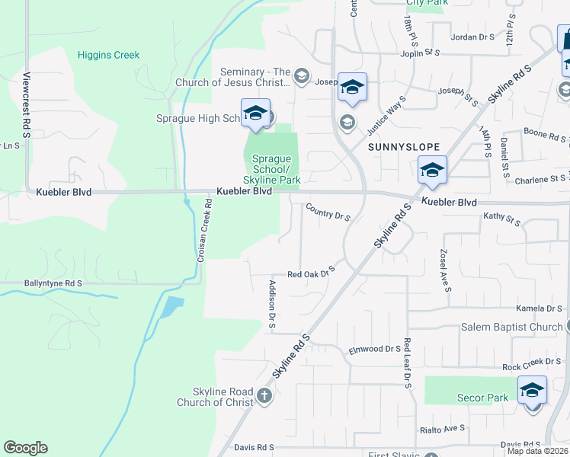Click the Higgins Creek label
click(x=108, y=55)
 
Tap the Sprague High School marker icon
click(x=255, y=114)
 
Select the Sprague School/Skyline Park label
click(x=271, y=169)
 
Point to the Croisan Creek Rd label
click(x=202, y=231)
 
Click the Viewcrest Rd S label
click(x=26, y=105)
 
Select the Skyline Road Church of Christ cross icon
click(x=264, y=395)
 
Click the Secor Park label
click(x=482, y=398)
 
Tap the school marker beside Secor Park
click(x=532, y=391)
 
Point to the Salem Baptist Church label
click(x=511, y=327)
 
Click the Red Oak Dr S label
click(x=312, y=273)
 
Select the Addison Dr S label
click(x=272, y=305)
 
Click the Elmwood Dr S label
click(x=374, y=350)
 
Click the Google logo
click(x=25, y=448)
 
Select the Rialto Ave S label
click(x=443, y=429)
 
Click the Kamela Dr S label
click(x=539, y=309)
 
